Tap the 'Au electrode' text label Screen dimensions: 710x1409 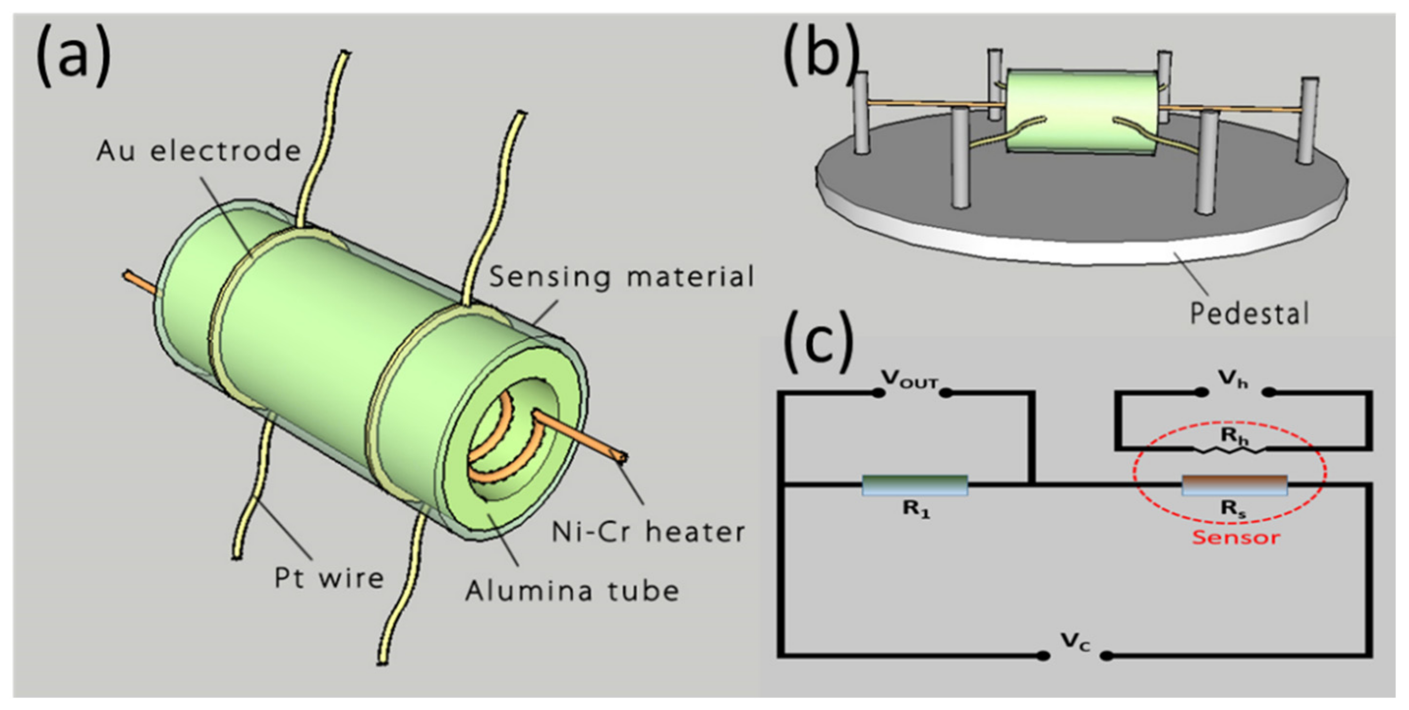[199, 151]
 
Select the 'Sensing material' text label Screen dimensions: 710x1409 [621, 276]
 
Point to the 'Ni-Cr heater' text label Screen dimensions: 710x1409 [648, 531]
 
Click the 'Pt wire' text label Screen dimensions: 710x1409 [329, 578]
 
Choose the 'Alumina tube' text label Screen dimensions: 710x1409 [572, 591]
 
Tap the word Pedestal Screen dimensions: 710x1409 [1250, 314]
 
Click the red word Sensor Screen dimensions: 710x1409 [1236, 537]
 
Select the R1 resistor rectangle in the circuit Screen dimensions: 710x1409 [915, 485]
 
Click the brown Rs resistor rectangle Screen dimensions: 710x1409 [1235, 485]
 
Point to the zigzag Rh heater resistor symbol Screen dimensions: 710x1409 [1229, 450]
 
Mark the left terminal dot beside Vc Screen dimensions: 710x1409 [1043, 655]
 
